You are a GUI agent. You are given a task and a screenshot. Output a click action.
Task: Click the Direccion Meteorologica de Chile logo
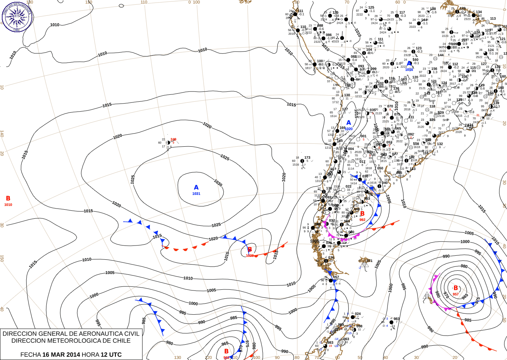(x=17, y=16)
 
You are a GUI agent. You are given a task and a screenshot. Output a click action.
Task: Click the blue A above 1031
(x=196, y=188)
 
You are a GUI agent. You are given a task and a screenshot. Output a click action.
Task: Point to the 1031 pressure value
(x=196, y=194)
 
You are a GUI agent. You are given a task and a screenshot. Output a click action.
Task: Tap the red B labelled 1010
(x=8, y=199)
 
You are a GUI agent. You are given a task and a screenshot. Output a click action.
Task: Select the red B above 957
(x=455, y=288)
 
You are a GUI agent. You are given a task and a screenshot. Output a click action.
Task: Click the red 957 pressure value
(x=455, y=294)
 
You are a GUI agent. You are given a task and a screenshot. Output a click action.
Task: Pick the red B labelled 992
(x=362, y=214)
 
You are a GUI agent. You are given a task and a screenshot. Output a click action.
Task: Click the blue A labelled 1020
(x=348, y=123)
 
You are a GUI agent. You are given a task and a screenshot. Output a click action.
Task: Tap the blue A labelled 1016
(x=409, y=64)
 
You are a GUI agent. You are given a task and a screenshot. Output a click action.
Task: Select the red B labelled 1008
(x=250, y=250)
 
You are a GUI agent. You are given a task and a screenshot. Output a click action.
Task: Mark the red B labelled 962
(x=226, y=351)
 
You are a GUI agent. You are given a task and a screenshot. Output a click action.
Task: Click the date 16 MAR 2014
(x=61, y=355)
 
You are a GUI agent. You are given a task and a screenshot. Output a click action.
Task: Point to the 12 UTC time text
(x=111, y=355)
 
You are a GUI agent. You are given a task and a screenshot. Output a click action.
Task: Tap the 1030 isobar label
(x=218, y=183)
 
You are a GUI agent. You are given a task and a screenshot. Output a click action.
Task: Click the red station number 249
(x=173, y=139)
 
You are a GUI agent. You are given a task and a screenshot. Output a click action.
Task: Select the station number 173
(x=307, y=158)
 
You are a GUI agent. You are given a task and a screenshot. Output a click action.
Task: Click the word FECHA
(x=30, y=355)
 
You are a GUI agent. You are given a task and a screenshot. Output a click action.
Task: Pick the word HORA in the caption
(x=90, y=355)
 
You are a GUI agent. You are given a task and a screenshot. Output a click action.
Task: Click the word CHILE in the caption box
(x=121, y=341)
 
